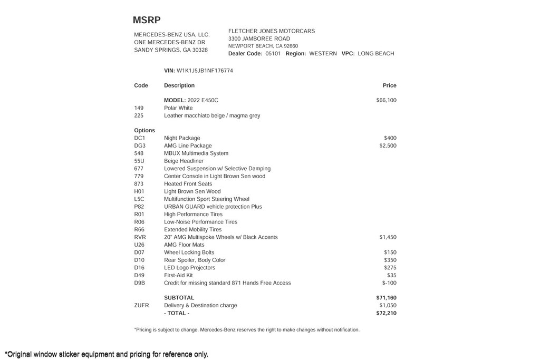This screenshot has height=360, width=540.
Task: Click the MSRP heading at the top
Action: pos(147,21)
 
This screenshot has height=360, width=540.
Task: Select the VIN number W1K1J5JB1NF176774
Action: pos(205,71)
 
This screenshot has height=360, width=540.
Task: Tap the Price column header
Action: pos(389,85)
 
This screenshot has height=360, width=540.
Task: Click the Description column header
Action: pos(179,85)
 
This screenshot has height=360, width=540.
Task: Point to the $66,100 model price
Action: pos(386,100)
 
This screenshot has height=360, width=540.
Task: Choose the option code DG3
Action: pos(140,146)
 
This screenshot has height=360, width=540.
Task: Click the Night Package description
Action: pos(182,138)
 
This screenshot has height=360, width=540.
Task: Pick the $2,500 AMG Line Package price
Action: pos(388,146)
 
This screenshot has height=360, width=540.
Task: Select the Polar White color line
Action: pos(178,108)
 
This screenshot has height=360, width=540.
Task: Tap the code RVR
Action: pos(140,237)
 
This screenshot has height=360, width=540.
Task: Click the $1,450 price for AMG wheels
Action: pos(388,237)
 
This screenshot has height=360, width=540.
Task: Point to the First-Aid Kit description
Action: pos(178,276)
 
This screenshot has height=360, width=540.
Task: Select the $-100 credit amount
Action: pos(389,283)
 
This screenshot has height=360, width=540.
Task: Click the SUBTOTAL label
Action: pos(179,298)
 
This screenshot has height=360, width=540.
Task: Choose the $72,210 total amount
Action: pos(386,313)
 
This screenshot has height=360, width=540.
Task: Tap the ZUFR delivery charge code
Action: pos(141,306)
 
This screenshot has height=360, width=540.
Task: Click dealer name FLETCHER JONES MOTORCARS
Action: pos(272,31)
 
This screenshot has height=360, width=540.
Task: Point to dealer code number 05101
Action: pos(273,54)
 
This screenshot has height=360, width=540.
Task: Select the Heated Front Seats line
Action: pos(188,184)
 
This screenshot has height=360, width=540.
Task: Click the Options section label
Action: pos(144,131)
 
